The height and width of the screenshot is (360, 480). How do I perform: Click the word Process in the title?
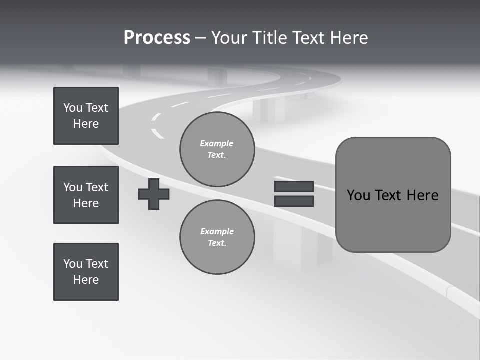click(x=157, y=38)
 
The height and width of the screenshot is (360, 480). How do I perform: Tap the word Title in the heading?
click(x=267, y=38)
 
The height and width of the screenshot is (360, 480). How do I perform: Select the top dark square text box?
click(x=86, y=116)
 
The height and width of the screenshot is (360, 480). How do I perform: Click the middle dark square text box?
click(x=86, y=195)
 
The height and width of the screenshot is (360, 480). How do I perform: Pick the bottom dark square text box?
click(x=86, y=272)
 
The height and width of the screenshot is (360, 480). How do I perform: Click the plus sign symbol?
click(x=154, y=194)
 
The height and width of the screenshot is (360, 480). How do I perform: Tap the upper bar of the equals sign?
click(x=294, y=187)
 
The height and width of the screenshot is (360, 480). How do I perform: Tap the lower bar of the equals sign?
click(x=294, y=201)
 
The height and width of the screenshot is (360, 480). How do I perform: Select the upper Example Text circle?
click(x=217, y=149)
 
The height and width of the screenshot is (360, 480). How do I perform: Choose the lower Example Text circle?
click(x=217, y=237)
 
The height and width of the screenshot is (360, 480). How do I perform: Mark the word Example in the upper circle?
click(x=216, y=143)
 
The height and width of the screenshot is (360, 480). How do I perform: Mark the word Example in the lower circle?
click(x=217, y=231)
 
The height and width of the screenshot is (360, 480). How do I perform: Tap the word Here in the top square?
click(x=86, y=124)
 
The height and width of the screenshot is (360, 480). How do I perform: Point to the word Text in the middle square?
click(x=97, y=187)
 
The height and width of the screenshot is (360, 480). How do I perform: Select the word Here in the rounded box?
click(x=423, y=195)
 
